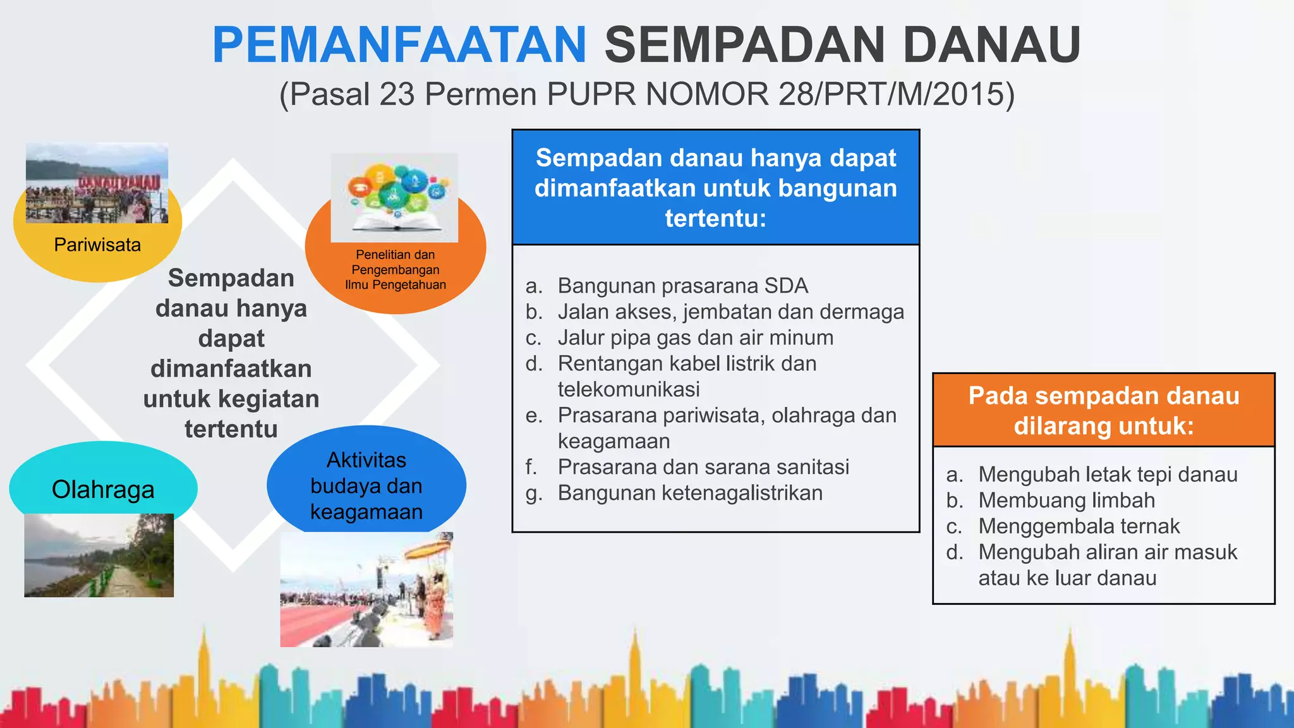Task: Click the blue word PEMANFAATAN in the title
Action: pyautogui.click(x=399, y=45)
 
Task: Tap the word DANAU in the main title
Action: pyautogui.click(x=992, y=45)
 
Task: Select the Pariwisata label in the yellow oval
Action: pyautogui.click(x=97, y=245)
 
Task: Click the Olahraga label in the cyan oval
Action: pyautogui.click(x=103, y=490)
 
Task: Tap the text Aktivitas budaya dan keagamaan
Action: pyautogui.click(x=366, y=485)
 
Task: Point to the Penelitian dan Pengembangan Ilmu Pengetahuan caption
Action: pyautogui.click(x=396, y=270)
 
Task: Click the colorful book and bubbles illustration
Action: pyautogui.click(x=394, y=197)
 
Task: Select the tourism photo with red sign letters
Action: pyautogui.click(x=97, y=183)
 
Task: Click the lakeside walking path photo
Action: pyautogui.click(x=99, y=555)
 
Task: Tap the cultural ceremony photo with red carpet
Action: pyautogui.click(x=366, y=589)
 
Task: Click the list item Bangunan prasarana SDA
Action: pyautogui.click(x=682, y=286)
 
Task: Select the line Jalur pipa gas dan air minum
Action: pyautogui.click(x=695, y=337)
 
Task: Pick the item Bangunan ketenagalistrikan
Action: pyautogui.click(x=690, y=493)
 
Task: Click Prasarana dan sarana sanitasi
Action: pyautogui.click(x=703, y=467)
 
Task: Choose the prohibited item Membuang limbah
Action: pyautogui.click(x=1067, y=500)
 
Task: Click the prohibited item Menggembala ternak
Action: pyautogui.click(x=1079, y=526)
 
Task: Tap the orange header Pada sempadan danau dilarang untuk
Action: pyautogui.click(x=1103, y=411)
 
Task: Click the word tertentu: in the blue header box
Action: pyautogui.click(x=715, y=219)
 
